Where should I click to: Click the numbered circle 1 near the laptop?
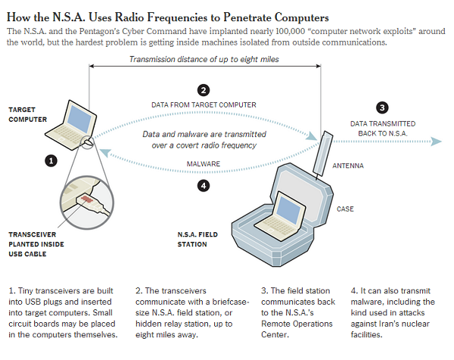point(51,160)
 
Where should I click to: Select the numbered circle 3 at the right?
point(382,107)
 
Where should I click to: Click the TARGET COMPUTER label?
point(28,114)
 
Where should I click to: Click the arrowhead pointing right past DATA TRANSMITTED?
point(436,140)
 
